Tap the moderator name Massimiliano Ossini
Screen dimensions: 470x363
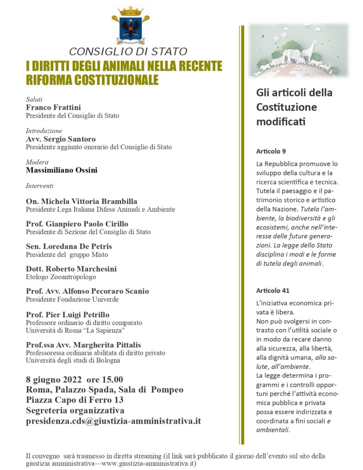click(61, 170)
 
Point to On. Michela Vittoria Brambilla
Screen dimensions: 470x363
click(82, 201)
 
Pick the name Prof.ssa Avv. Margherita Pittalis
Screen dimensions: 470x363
click(83, 345)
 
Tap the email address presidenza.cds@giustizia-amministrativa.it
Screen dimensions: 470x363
click(113, 420)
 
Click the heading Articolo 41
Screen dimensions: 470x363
click(273, 291)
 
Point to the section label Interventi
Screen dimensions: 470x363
click(39, 186)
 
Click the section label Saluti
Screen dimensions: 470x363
click(34, 99)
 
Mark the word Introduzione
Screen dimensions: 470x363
click(44, 131)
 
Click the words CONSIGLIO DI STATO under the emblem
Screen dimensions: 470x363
click(128, 51)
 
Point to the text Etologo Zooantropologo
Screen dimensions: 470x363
click(61, 277)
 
